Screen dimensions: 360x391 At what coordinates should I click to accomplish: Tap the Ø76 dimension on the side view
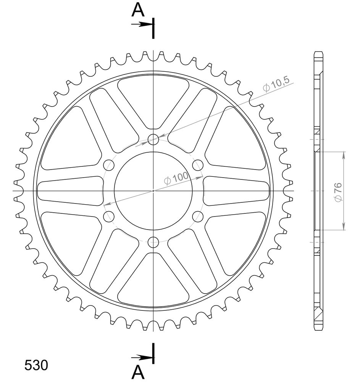(338, 192)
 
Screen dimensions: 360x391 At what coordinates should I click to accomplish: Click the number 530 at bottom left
(36, 365)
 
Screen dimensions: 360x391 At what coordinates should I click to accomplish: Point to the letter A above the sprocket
(138, 10)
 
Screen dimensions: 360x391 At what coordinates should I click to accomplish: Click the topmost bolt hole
(153, 139)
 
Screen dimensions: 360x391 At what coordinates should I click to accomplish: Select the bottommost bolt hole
(153, 242)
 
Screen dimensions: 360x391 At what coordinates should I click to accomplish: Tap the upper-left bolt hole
(109, 165)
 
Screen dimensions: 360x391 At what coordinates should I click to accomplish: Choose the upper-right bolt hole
(198, 165)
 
